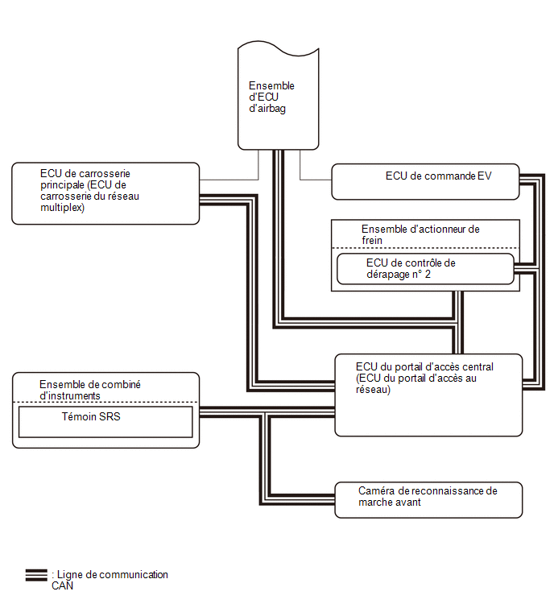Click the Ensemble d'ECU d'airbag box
(278, 95)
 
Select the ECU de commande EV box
(425, 182)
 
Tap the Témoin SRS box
(105, 422)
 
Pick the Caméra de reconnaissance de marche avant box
(428, 500)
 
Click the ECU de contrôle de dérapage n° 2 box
(425, 269)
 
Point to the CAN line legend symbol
(36, 575)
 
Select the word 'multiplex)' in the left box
(63, 208)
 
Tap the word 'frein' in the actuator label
(372, 241)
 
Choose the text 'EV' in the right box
(484, 176)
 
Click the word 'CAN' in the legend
(63, 585)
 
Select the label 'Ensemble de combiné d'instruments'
(90, 390)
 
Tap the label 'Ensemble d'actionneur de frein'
(420, 234)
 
